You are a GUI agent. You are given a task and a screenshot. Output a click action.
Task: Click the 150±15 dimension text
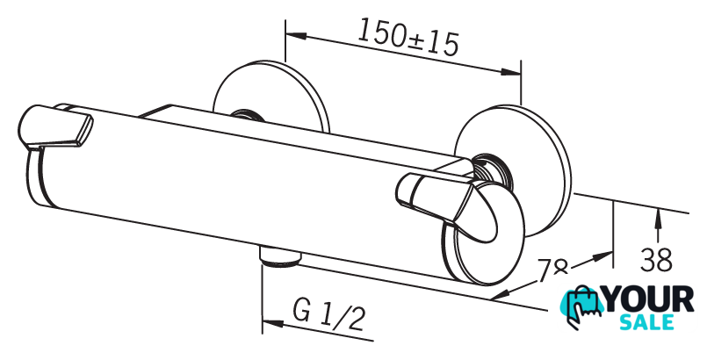pyautogui.click(x=408, y=37)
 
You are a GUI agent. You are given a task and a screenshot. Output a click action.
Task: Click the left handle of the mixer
pyautogui.click(x=57, y=128)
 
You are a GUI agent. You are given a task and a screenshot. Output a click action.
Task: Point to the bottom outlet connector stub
pyautogui.click(x=280, y=256)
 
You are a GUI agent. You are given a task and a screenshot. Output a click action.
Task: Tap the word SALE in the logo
pyautogui.click(x=648, y=323)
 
